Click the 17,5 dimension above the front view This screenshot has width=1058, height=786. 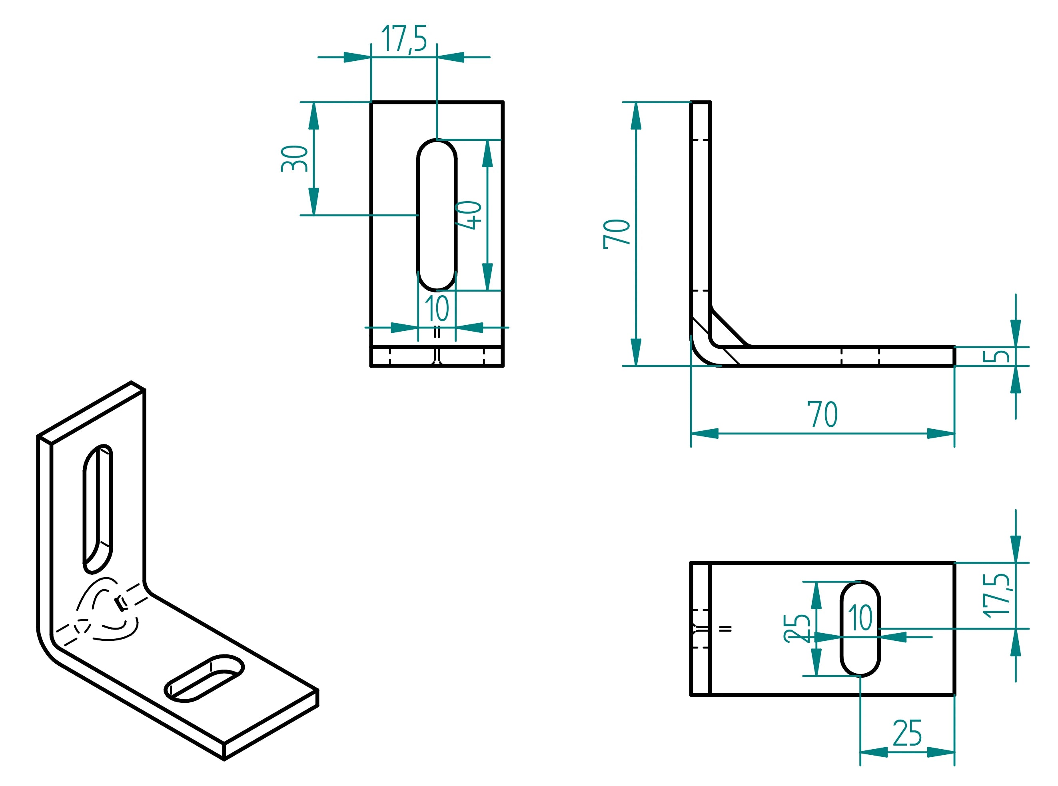(x=404, y=38)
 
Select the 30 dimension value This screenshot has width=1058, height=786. (x=294, y=158)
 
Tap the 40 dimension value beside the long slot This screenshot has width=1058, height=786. (x=468, y=215)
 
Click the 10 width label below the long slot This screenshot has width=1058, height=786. (x=437, y=309)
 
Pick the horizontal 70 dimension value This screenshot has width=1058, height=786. (x=822, y=414)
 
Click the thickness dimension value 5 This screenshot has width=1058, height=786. (x=996, y=356)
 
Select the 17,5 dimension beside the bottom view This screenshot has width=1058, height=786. (x=996, y=595)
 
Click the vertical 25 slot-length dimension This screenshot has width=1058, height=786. (x=797, y=628)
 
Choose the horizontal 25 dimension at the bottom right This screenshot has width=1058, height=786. (x=907, y=733)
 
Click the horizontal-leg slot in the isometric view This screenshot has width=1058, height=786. (x=204, y=678)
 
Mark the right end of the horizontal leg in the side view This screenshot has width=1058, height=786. (x=953, y=356)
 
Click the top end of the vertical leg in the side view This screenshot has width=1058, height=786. (x=701, y=102)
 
